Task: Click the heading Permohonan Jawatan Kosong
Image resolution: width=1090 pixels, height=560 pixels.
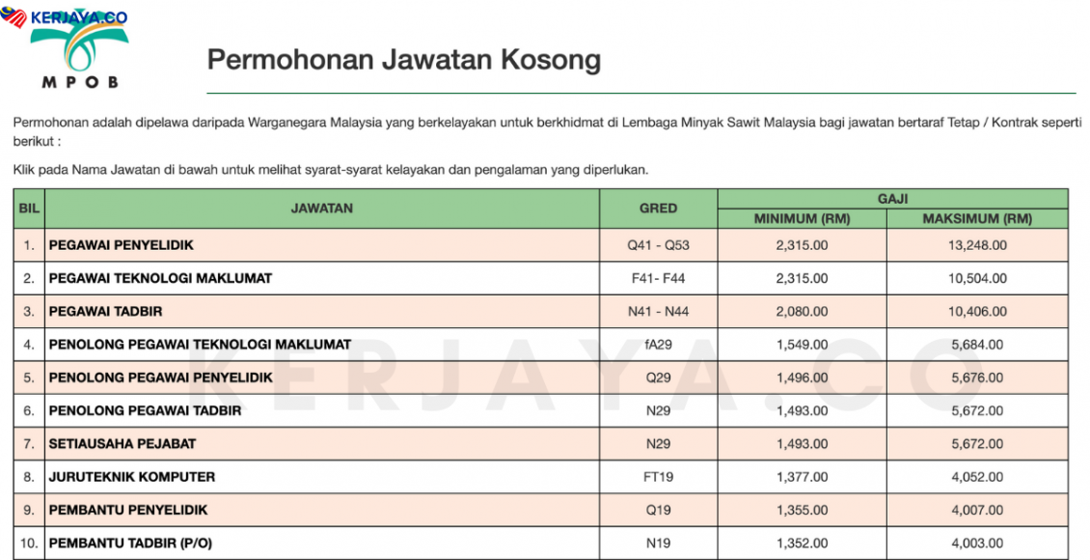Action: (x=403, y=60)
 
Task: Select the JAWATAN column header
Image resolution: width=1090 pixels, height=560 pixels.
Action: (x=321, y=208)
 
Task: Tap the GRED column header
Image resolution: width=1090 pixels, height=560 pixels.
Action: (x=658, y=208)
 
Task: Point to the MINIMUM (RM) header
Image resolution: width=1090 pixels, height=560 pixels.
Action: (x=801, y=218)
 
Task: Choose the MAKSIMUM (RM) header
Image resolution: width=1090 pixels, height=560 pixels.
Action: (x=976, y=218)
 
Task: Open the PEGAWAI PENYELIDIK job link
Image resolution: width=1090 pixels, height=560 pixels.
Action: (x=122, y=245)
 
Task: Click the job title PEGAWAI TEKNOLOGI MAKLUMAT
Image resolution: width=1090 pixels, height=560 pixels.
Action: (x=160, y=278)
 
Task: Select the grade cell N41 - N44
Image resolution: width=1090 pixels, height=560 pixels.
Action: (x=658, y=311)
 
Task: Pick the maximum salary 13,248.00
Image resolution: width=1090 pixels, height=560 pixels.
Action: (x=976, y=245)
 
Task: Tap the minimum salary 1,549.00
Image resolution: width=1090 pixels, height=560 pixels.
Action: (x=801, y=345)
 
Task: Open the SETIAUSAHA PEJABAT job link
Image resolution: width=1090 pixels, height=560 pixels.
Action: (x=123, y=444)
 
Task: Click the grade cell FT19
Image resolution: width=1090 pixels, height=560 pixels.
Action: (x=658, y=477)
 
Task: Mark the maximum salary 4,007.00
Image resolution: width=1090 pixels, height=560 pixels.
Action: (x=976, y=510)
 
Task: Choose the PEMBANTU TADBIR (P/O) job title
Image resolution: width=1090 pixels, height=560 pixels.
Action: (x=130, y=544)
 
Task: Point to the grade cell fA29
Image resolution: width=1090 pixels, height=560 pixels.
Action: (x=658, y=345)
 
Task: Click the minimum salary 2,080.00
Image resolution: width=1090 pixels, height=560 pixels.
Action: (x=801, y=311)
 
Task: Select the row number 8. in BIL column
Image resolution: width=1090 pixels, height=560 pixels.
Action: (x=29, y=477)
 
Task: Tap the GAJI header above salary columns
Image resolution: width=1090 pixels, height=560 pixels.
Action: (x=892, y=197)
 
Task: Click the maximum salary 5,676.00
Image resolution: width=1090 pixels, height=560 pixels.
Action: (x=976, y=378)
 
